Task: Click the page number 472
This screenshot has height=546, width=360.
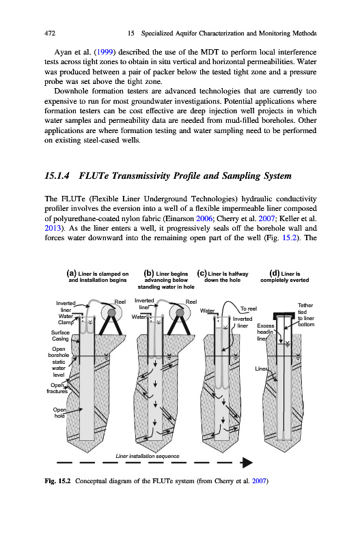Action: [x=50, y=33]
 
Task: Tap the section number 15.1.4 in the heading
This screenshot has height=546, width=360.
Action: [x=57, y=175]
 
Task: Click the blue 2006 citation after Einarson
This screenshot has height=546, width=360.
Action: [x=204, y=218]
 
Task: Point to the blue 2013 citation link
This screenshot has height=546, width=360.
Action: [x=53, y=229]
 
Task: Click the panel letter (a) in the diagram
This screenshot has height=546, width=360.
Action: [x=72, y=274]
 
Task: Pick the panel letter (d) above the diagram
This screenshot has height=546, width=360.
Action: [x=275, y=274]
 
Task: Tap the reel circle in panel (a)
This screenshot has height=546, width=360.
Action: [x=111, y=313]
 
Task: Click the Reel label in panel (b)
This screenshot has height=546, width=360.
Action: [x=191, y=302]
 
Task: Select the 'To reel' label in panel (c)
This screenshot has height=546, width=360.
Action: [x=249, y=308]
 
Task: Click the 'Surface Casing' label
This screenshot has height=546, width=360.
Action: [x=60, y=336]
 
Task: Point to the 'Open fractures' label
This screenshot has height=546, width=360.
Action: [x=57, y=388]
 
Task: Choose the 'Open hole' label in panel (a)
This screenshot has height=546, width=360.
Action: [x=59, y=413]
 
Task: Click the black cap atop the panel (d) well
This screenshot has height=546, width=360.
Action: [x=286, y=316]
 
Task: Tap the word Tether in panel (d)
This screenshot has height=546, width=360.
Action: [x=305, y=305]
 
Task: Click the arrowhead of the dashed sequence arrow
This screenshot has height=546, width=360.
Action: [x=247, y=463]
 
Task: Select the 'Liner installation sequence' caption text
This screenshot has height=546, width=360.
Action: [x=148, y=456]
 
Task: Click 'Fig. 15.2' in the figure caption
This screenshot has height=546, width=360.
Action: [x=57, y=481]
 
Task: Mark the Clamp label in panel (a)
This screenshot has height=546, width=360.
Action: [x=66, y=322]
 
